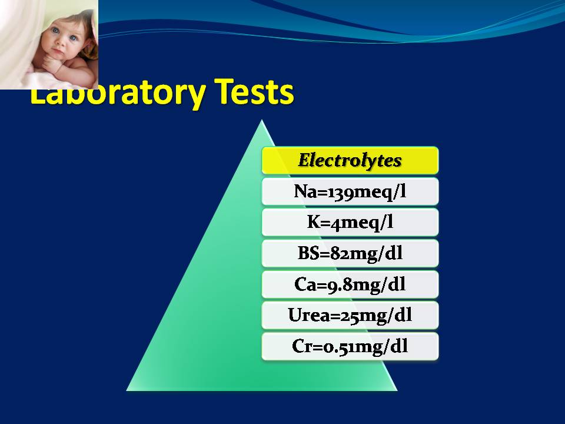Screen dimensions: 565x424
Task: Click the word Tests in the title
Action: [254, 92]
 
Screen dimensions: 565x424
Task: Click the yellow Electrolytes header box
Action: [350, 160]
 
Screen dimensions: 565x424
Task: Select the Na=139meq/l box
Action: [350, 191]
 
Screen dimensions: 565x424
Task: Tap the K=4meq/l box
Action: [350, 223]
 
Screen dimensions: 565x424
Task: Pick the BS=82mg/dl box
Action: [350, 253]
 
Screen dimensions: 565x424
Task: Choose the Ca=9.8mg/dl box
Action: [350, 284]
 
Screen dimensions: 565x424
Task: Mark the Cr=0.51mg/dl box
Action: [350, 346]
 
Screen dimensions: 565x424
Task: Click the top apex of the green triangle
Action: [262, 120]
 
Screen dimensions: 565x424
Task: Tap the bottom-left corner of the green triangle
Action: [127, 390]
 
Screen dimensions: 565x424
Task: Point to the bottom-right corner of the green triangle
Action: [397, 390]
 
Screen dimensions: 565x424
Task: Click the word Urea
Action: [310, 315]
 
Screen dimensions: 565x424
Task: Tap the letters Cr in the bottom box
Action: [303, 346]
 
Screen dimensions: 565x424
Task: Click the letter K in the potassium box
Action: [314, 222]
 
